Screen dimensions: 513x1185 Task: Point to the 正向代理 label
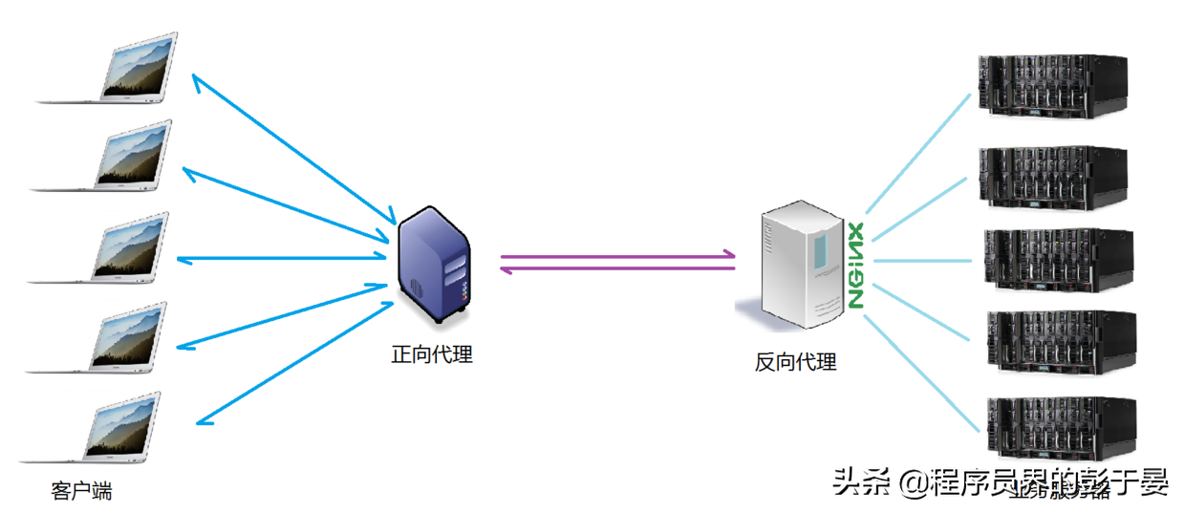(432, 354)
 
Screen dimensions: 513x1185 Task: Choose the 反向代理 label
(795, 362)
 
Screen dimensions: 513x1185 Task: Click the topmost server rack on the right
(1051, 86)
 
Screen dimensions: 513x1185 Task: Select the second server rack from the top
(1051, 178)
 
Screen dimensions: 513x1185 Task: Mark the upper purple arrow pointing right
(616, 256)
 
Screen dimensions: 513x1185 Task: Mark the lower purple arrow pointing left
(616, 269)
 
